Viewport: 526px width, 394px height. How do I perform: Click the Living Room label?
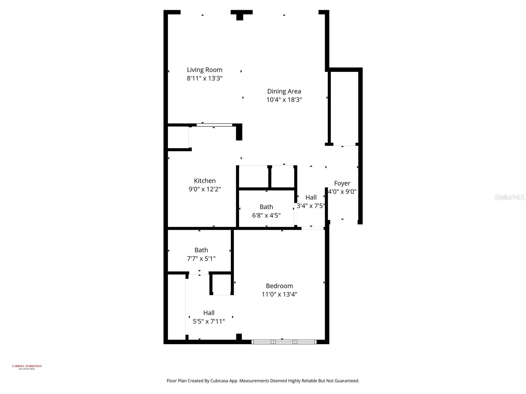204,70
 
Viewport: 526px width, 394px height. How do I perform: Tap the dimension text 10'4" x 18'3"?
284,100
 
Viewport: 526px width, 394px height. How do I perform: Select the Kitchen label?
204,181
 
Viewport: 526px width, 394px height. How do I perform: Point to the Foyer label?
342,183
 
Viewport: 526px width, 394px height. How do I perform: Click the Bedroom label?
279,286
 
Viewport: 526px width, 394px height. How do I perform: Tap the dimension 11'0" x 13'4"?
279,295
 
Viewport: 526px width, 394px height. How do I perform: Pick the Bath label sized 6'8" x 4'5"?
266,207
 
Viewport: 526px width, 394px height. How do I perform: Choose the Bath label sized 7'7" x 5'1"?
201,250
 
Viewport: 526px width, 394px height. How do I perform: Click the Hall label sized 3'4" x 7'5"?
311,197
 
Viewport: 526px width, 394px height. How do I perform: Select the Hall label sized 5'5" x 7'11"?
209,313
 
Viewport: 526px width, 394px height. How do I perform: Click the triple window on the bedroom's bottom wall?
284,342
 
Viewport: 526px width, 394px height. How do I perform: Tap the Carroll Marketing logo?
27,367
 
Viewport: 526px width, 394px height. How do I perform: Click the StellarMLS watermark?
509,197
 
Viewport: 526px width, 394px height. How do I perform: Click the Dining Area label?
284,91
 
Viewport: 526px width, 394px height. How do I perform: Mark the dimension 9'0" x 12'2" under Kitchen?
204,189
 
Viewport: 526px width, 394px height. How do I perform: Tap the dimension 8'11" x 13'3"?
204,78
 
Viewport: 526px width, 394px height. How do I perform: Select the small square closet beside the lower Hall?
221,284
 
